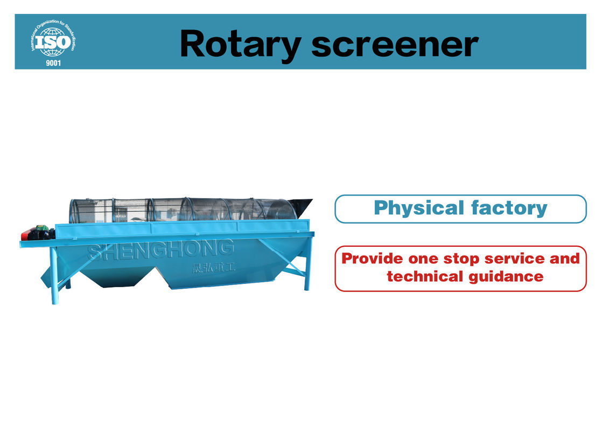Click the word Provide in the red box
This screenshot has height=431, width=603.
pos(372,259)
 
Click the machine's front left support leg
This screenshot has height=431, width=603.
pos(54,275)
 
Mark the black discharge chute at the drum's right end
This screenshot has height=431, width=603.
pos(300,208)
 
